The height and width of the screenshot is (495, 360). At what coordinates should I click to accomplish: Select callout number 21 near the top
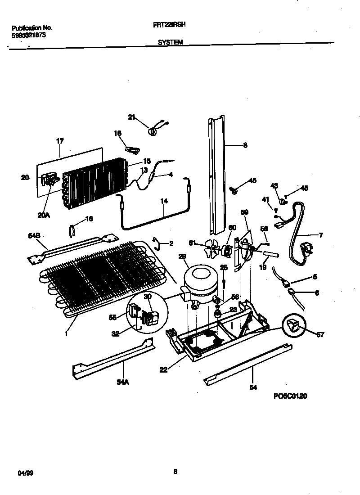(x=131, y=117)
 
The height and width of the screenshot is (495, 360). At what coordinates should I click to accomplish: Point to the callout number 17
(x=60, y=141)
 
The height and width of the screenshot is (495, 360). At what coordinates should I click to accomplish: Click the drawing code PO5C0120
(x=291, y=396)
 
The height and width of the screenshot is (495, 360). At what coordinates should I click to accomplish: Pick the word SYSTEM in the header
(x=170, y=43)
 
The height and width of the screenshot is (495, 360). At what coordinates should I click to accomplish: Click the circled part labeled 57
(x=293, y=325)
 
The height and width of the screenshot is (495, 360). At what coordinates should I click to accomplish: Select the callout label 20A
(x=43, y=215)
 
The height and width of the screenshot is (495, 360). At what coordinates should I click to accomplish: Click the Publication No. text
(x=29, y=27)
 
